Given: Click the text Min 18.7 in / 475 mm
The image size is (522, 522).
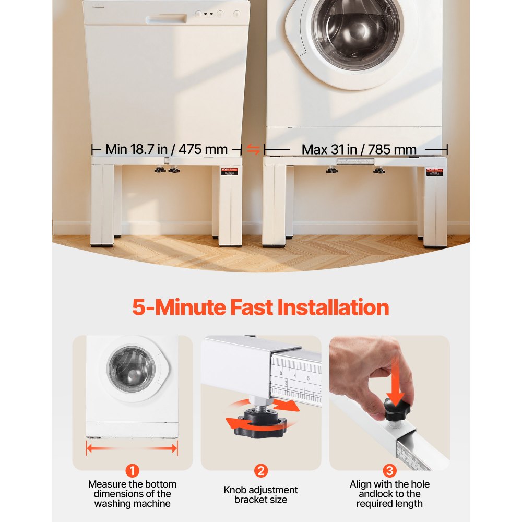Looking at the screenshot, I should point(166,149).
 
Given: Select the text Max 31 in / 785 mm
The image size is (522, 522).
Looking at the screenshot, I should point(359,149).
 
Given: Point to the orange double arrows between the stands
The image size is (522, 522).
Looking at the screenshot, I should point(253,150).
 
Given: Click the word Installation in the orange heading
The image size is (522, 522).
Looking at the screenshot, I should point(333,307).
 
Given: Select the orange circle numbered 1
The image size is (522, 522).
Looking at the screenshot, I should point(133,471).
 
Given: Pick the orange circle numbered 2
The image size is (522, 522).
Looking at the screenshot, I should point(260,471).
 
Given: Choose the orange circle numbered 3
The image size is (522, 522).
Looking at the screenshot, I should point(389,471).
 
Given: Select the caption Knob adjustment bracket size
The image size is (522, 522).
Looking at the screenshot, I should point(260,494).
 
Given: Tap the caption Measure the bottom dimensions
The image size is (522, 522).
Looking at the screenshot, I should point(133,494).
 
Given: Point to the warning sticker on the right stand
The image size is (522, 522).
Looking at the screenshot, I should point(433,172).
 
